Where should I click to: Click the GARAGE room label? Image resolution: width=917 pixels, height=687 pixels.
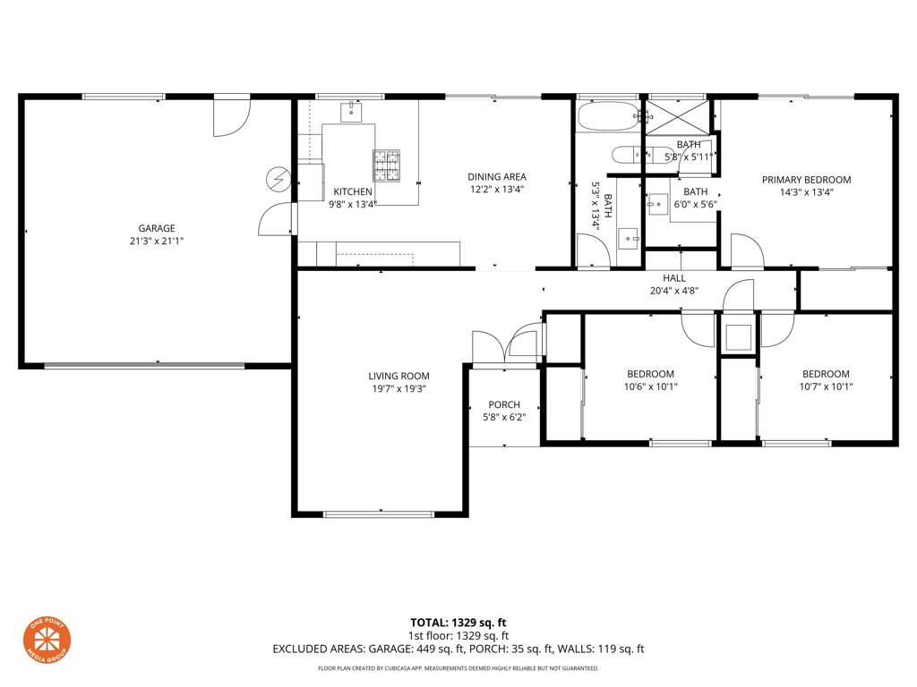(156, 228)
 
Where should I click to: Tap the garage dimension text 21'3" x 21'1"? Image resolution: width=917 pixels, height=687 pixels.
(156, 241)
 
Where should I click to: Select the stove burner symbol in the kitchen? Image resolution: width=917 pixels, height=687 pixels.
(387, 165)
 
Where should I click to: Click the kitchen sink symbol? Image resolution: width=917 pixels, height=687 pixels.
(351, 112)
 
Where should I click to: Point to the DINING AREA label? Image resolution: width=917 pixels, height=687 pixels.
(496, 176)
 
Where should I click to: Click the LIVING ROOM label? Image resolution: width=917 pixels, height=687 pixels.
(399, 377)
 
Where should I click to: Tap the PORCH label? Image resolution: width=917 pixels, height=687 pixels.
(504, 404)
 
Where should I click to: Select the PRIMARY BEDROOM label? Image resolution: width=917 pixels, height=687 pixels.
(806, 180)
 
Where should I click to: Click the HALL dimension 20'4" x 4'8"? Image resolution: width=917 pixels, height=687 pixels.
(674, 291)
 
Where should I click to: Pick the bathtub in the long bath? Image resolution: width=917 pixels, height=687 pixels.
(608, 116)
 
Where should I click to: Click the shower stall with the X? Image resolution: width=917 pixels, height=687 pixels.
(677, 117)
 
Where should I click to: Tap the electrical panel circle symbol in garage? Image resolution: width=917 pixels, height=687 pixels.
(279, 179)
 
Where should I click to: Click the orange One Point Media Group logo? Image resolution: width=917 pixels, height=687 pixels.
(47, 640)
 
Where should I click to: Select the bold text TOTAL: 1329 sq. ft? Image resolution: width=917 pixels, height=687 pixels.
(458, 623)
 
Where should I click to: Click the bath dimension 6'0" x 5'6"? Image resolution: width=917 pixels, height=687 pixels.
(695, 205)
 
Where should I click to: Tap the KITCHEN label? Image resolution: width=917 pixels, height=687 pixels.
(353, 191)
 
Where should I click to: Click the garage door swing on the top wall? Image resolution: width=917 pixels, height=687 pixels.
(232, 117)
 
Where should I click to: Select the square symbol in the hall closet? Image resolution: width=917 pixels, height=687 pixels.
(738, 337)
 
